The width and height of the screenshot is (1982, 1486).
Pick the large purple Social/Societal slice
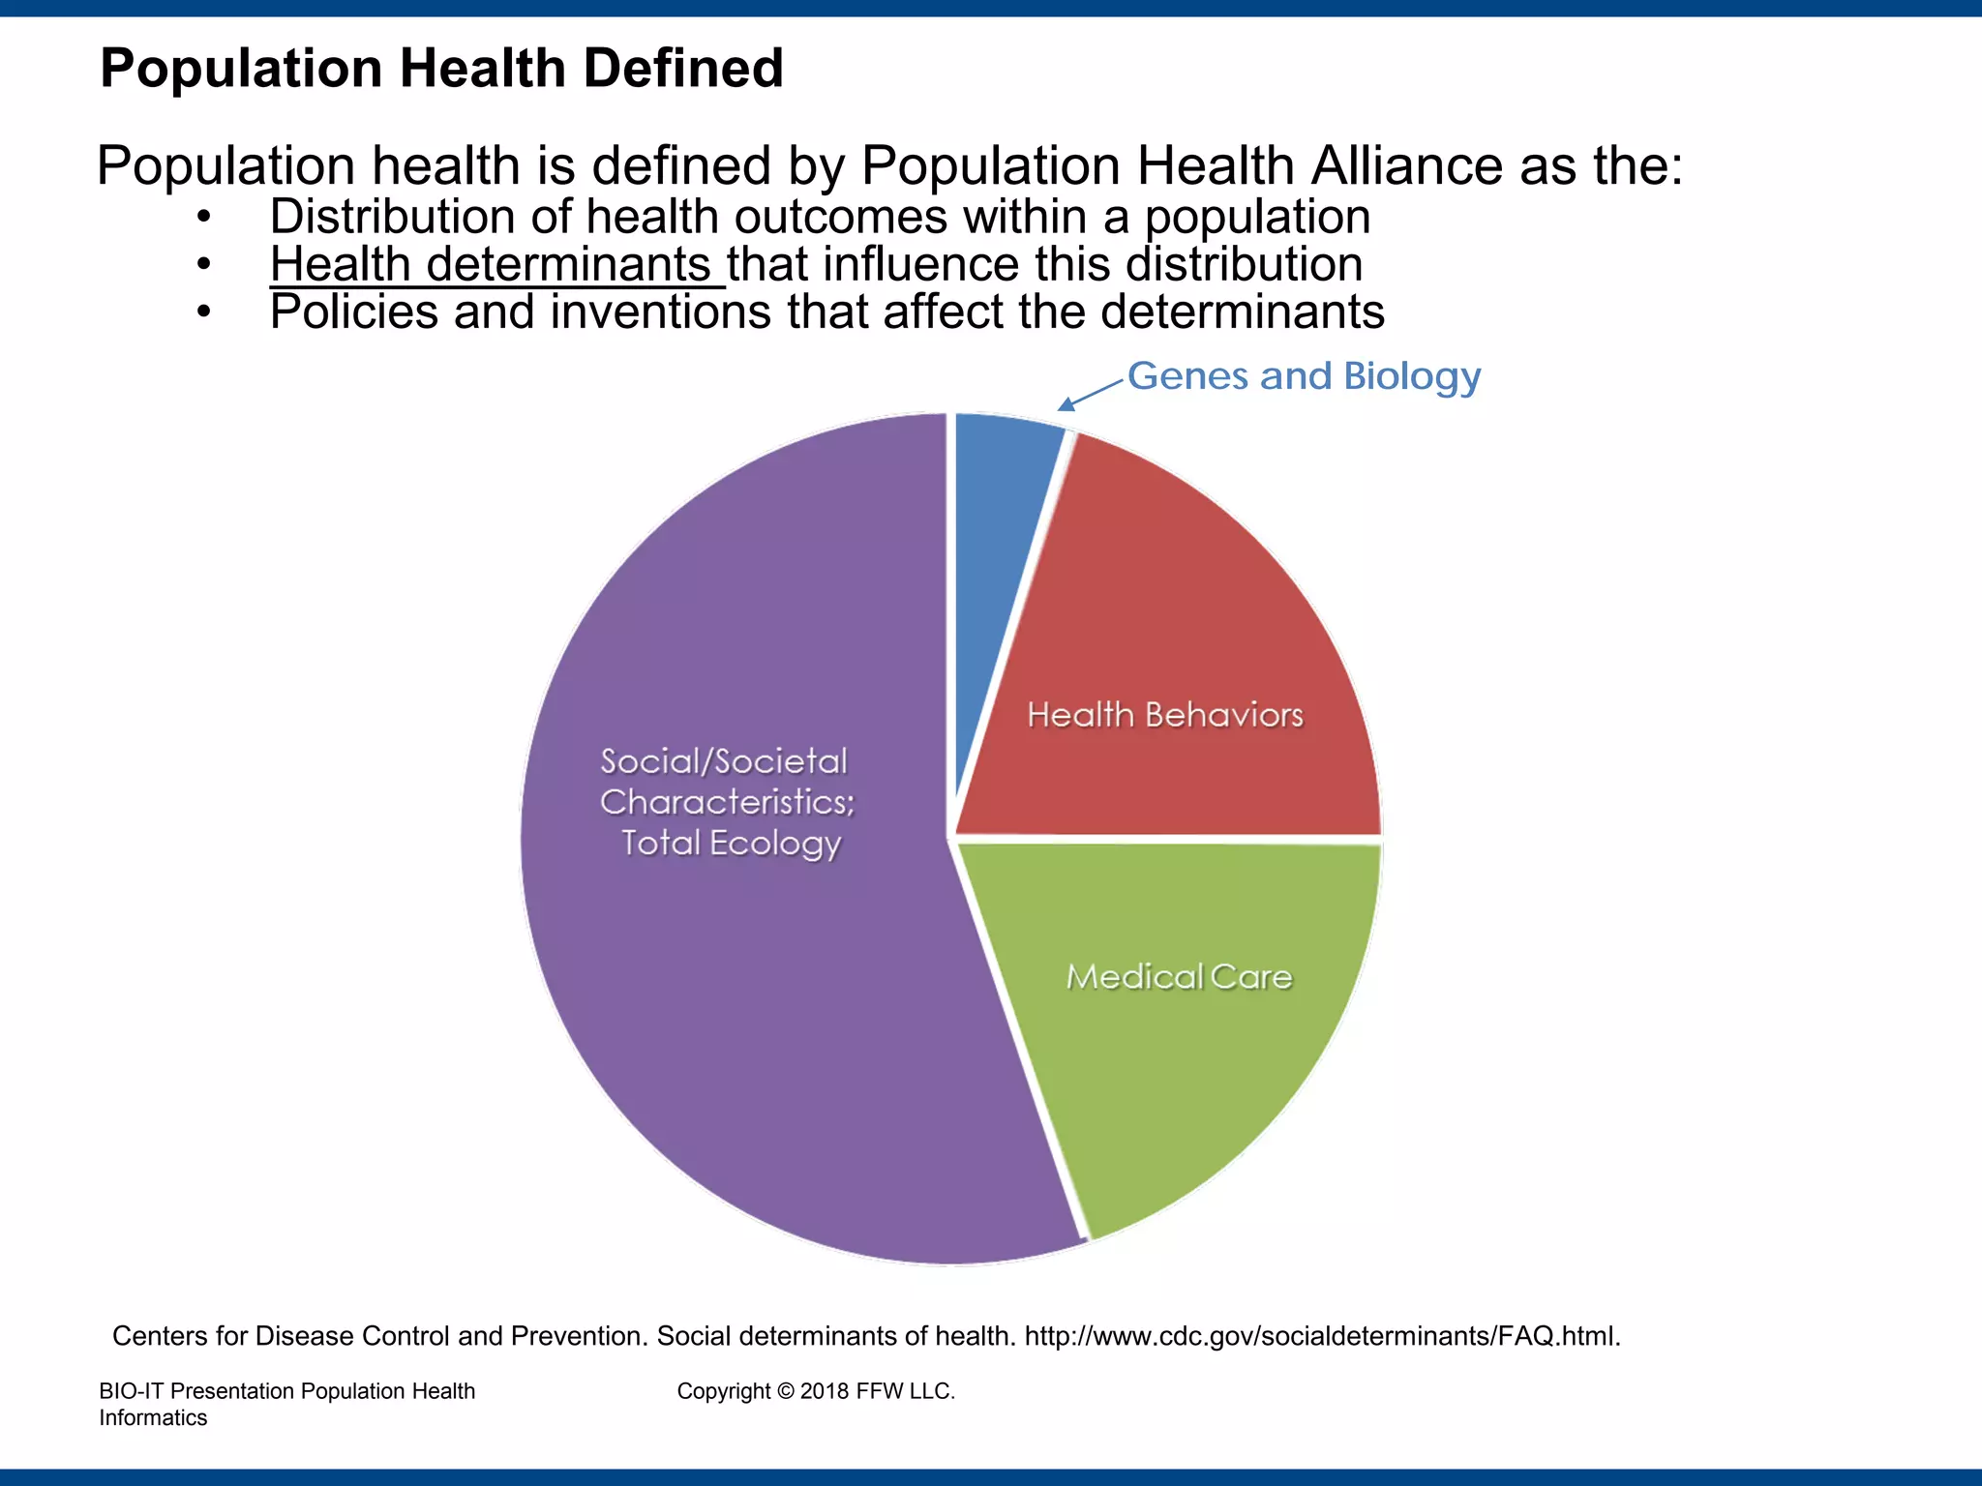(736, 967)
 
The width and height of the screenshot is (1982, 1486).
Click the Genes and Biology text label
(1304, 376)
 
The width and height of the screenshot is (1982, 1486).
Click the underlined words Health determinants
(492, 264)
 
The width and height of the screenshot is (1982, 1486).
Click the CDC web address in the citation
(1322, 1336)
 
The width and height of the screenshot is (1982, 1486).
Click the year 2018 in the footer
(825, 1391)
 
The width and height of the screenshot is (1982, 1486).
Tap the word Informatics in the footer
(153, 1418)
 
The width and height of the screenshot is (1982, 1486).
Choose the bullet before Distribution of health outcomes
(203, 217)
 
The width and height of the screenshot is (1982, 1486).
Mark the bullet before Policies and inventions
(203, 312)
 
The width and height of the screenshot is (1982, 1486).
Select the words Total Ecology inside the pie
(731, 843)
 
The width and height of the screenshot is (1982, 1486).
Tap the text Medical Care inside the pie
(1179, 977)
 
